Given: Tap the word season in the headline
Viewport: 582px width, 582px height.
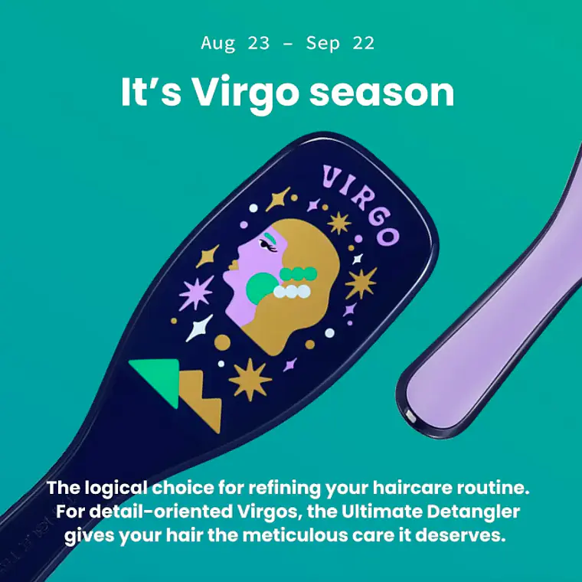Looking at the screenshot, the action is (x=382, y=93).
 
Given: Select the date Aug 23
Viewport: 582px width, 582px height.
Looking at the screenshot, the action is (x=235, y=43).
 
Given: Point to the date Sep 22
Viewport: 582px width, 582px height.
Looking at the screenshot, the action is (x=340, y=44).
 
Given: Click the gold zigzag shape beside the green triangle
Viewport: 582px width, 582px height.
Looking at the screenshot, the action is (x=201, y=400).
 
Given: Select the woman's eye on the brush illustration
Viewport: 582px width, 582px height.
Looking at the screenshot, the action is (x=268, y=245).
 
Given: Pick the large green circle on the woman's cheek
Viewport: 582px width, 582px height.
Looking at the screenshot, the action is (x=262, y=288).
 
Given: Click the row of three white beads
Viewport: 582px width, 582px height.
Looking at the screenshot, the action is (x=292, y=291).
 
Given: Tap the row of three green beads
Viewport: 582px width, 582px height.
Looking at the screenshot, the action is (x=298, y=274).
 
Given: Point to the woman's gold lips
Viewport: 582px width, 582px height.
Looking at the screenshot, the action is (x=233, y=265).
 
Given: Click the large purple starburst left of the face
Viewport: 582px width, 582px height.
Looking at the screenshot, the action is (x=195, y=293).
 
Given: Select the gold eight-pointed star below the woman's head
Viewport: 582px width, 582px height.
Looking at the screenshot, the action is (x=250, y=380).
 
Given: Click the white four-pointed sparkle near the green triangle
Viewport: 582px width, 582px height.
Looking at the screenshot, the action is (x=199, y=328).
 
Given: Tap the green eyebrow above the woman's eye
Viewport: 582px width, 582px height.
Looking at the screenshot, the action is (x=270, y=236).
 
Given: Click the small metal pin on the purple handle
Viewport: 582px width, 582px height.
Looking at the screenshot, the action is (x=410, y=415).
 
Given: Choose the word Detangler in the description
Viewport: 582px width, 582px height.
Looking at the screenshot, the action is (x=473, y=512).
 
